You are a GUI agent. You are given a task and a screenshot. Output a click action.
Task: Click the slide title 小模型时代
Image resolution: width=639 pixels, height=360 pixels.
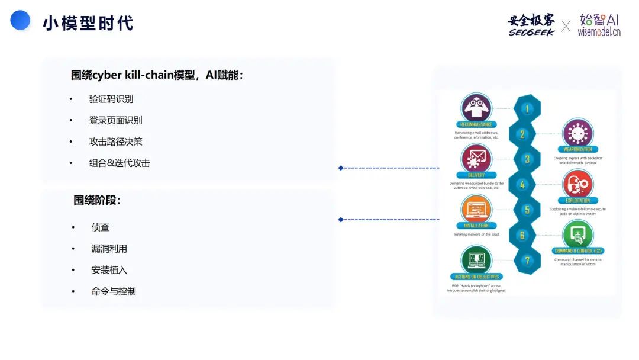tap(88, 23)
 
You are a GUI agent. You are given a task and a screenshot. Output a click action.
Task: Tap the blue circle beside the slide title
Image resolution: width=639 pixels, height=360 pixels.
tap(20, 20)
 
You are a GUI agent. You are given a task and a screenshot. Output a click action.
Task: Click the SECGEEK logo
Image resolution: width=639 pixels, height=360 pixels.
tap(531, 25)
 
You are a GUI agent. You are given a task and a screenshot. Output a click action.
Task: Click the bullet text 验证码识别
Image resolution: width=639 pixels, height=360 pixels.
tap(111, 99)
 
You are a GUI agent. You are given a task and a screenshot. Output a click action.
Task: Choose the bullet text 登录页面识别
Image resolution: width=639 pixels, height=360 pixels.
tap(115, 120)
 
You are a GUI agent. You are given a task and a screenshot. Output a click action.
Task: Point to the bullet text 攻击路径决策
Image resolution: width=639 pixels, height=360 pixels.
tap(115, 142)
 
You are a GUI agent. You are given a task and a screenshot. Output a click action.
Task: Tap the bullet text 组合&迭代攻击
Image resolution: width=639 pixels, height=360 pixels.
tap(120, 163)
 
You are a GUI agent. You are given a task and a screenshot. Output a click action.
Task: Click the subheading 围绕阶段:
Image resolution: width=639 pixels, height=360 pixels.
tap(97, 200)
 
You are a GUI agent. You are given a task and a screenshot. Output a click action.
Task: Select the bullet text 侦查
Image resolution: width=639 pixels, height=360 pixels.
tap(101, 227)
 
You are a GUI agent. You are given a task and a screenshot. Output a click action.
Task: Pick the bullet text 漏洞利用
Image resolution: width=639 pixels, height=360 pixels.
tap(109, 249)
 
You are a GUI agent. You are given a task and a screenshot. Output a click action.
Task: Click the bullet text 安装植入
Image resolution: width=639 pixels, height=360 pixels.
tap(109, 270)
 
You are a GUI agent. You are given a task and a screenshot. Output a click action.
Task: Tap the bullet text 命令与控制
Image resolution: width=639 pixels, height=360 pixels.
tap(113, 291)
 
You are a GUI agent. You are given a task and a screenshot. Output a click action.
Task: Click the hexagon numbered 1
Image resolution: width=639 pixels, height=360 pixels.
tap(527, 108)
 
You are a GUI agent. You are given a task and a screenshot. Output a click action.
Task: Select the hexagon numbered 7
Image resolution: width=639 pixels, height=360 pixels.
tap(527, 261)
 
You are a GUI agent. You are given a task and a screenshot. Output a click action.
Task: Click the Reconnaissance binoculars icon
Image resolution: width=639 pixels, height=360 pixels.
tap(476, 107)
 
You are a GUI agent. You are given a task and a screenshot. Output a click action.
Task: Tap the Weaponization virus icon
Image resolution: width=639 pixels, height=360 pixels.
tap(577, 132)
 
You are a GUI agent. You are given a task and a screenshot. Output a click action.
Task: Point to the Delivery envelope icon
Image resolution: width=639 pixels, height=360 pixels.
tap(476, 158)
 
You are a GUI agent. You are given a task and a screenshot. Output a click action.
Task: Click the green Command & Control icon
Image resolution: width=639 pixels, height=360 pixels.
tap(577, 234)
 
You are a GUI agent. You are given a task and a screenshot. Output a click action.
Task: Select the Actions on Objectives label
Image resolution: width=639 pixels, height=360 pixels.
tap(476, 277)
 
